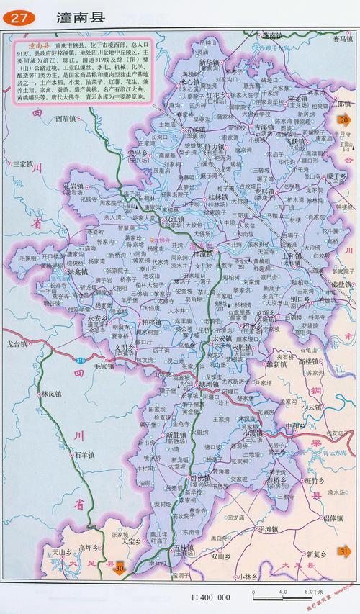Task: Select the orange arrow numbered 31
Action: (344, 551)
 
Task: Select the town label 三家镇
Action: (26, 164)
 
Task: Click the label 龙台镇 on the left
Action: (17, 344)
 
